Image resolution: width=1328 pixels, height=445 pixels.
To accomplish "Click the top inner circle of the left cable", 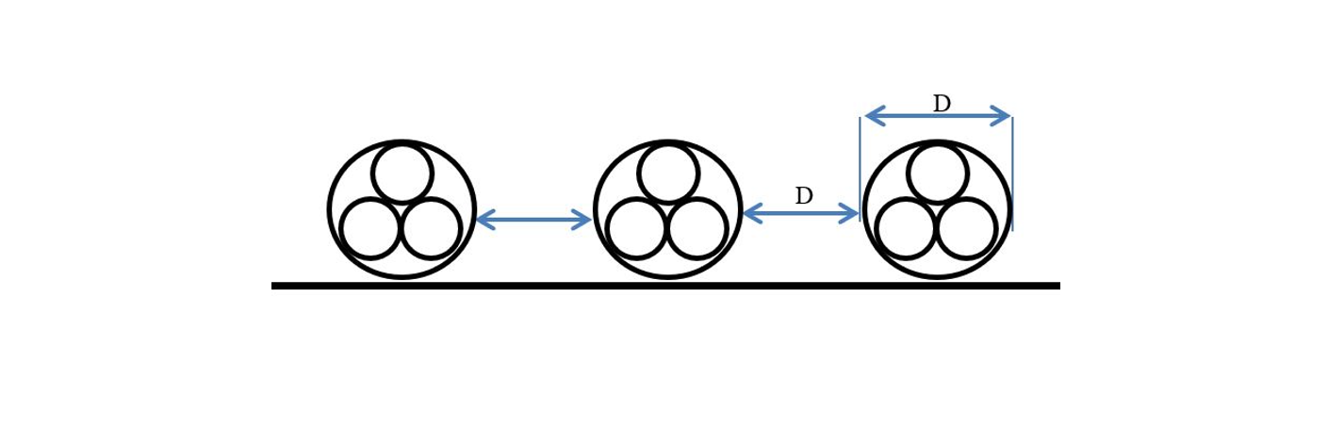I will tap(402, 173).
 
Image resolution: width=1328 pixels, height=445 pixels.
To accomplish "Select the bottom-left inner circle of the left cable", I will tap(370, 228).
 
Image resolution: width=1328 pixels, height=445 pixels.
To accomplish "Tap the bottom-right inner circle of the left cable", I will tap(431, 228).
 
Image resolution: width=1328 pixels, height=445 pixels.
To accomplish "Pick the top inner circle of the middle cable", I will tap(668, 173).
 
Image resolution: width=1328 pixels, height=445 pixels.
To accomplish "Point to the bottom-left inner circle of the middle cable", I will tap(637, 228).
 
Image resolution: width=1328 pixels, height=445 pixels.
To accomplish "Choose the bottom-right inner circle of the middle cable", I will tap(697, 228).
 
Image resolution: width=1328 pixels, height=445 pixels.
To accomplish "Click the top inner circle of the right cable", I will tap(938, 173).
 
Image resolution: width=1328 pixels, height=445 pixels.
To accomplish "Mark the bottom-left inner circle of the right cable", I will tap(906, 228).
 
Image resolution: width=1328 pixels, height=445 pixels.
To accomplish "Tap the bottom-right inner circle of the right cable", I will tap(967, 228).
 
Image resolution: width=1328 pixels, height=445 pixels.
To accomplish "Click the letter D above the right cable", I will tap(942, 104).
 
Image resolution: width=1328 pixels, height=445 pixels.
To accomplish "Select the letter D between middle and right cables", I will tap(803, 196).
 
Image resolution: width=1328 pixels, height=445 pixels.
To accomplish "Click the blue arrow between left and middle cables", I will tap(533, 221).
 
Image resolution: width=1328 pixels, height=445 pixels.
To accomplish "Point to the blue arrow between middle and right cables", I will tap(801, 214).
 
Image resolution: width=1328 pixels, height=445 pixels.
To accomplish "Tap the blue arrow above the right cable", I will tap(938, 116).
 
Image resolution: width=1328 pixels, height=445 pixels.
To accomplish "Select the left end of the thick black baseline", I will tap(275, 286).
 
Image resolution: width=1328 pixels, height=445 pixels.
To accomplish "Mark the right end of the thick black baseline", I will tap(1057, 286).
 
